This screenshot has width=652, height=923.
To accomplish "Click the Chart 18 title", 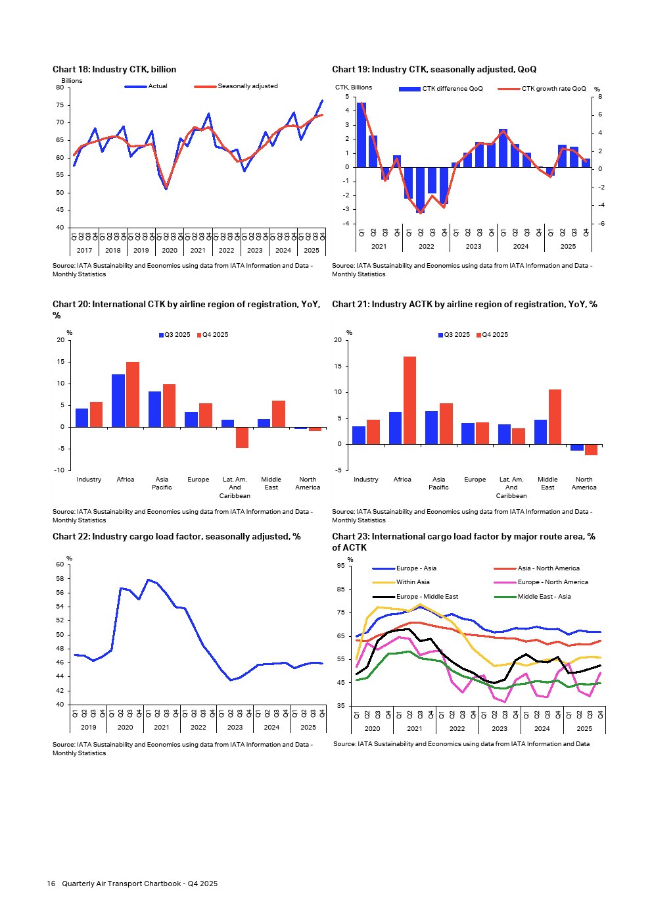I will tap(114, 69).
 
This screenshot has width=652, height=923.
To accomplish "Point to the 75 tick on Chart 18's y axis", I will tap(60, 105).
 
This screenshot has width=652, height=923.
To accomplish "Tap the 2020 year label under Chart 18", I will tap(170, 250).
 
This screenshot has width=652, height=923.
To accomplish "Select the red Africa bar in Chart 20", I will tap(132, 394).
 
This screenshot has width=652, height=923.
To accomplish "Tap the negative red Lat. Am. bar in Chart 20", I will tap(242, 437).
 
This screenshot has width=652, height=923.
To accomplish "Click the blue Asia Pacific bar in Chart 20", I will tap(155, 409).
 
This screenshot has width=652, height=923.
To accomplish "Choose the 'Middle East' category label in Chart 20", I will tap(271, 483).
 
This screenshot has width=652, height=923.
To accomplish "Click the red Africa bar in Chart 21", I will tap(409, 400).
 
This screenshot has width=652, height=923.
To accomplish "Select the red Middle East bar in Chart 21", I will tap(555, 416).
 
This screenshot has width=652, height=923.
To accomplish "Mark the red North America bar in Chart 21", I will tap(591, 449).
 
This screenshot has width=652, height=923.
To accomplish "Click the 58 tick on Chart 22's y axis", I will tap(60, 579).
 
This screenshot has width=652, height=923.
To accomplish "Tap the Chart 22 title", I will tap(176, 537).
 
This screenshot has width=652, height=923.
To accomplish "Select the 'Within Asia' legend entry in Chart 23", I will tap(413, 582).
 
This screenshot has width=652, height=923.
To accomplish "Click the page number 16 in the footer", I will tap(51, 884).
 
